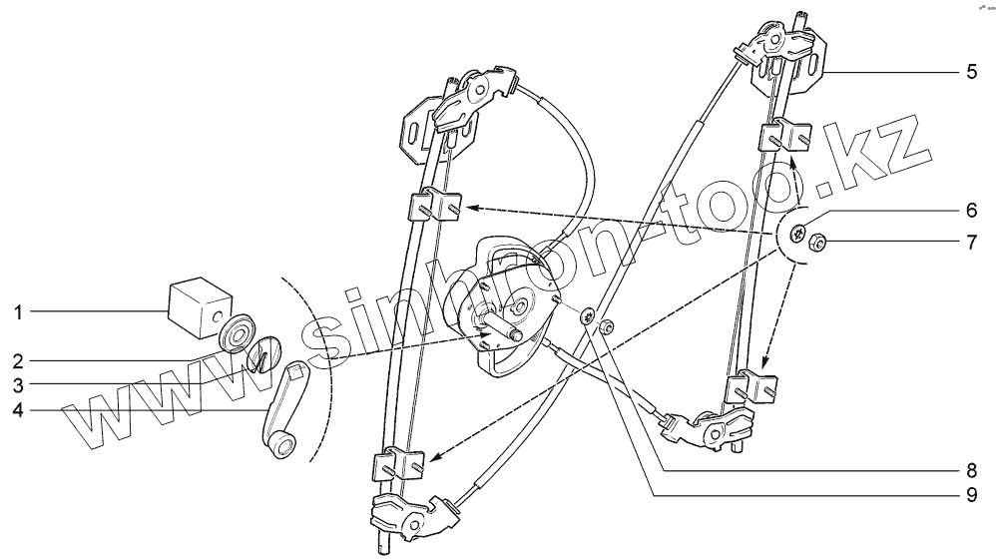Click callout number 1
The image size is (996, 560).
(x=18, y=312)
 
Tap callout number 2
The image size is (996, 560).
(x=18, y=357)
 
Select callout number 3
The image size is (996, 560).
(x=18, y=382)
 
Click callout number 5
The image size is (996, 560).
(x=971, y=72)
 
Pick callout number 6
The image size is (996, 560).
(x=971, y=212)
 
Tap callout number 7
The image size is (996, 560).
(x=971, y=243)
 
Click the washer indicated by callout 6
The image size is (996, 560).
(x=799, y=234)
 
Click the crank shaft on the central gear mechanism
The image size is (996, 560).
(x=517, y=332)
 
